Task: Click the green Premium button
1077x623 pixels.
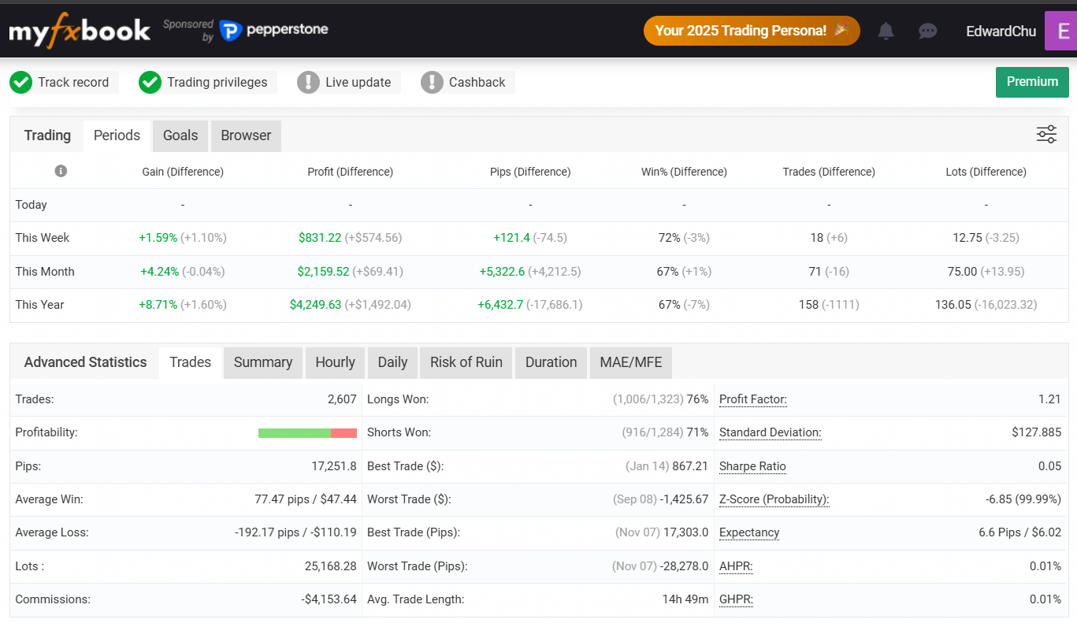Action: [x=1032, y=82]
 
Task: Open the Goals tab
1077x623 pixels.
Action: [x=180, y=135]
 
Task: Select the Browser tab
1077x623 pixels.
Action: [x=246, y=135]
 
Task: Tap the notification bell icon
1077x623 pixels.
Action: [x=886, y=31]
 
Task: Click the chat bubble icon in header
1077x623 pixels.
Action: [x=927, y=31]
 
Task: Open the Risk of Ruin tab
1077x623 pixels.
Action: [x=466, y=362]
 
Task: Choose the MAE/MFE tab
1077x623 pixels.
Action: [x=630, y=362]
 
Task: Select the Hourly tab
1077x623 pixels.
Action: [x=335, y=362]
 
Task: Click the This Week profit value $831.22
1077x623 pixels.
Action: [x=320, y=238]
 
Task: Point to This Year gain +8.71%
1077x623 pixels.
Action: [x=158, y=305]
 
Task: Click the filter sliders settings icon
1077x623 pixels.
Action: [x=1046, y=135]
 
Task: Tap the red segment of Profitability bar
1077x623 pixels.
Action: [x=344, y=433]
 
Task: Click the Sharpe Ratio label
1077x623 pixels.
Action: [x=752, y=466]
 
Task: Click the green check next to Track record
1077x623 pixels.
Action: [x=21, y=82]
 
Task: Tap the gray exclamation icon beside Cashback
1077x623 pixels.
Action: [x=432, y=82]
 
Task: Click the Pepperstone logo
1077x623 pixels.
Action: [x=274, y=30]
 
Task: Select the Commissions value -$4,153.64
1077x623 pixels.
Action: [x=329, y=599]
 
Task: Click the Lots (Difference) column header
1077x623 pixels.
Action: [x=986, y=172]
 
